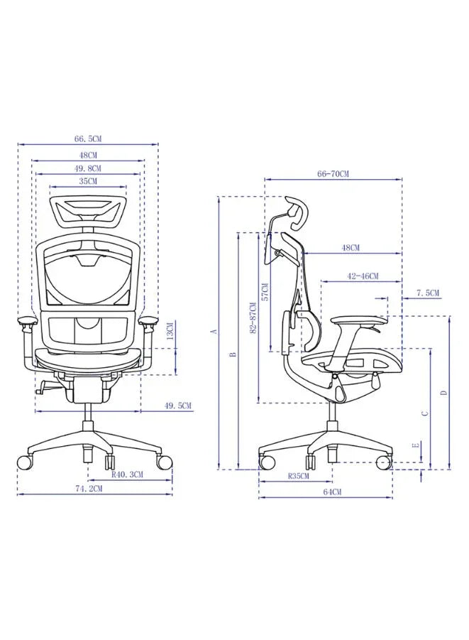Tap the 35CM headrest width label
click(x=89, y=181)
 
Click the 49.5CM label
click(x=178, y=406)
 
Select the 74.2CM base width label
click(x=89, y=489)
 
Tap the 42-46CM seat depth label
click(x=363, y=276)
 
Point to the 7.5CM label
click(x=428, y=293)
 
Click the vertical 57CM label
click(x=265, y=293)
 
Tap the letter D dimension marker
click(x=443, y=392)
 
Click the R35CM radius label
click(x=298, y=476)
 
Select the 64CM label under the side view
click(x=332, y=492)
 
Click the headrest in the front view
click(x=89, y=210)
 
